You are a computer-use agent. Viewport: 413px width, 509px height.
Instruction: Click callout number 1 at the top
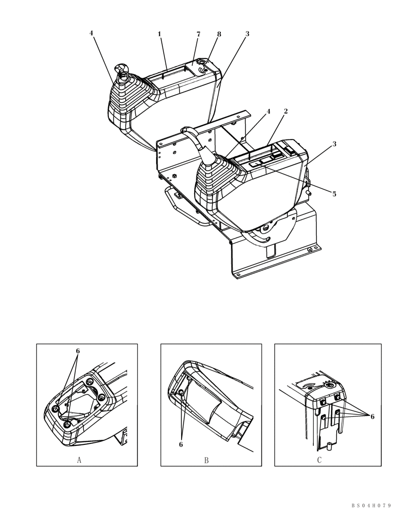159,34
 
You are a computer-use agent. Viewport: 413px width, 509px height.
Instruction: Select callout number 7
198,34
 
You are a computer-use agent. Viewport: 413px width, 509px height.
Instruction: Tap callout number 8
219,34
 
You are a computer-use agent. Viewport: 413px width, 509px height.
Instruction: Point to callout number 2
286,111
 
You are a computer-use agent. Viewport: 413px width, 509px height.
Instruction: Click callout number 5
334,194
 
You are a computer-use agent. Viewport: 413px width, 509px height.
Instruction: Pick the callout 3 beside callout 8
247,34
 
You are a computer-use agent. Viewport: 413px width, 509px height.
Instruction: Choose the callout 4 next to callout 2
269,111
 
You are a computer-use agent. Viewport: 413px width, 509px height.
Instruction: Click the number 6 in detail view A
78,351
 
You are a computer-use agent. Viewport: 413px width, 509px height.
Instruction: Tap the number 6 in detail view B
181,444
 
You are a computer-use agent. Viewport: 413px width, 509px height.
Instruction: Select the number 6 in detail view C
372,416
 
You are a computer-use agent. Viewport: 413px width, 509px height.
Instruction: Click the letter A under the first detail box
79,460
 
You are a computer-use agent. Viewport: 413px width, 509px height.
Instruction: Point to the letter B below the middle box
206,460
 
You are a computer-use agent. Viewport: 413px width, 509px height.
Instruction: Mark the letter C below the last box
319,460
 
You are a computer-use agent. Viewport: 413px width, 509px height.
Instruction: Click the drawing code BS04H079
371,505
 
